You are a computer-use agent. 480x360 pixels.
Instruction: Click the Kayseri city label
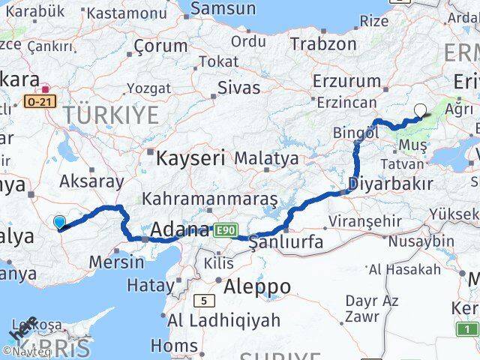[190, 158]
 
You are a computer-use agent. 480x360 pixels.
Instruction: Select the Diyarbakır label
[391, 184]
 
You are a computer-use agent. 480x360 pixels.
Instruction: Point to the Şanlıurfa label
[286, 241]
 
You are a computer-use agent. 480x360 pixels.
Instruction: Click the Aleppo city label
[256, 286]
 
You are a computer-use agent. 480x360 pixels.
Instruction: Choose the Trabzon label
[323, 43]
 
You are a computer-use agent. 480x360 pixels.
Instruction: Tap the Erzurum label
[346, 80]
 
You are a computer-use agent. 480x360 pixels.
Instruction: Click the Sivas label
[238, 87]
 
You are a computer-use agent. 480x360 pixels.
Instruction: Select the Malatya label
[266, 159]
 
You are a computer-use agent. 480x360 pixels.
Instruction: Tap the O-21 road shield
[38, 100]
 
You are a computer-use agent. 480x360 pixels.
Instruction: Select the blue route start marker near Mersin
[60, 221]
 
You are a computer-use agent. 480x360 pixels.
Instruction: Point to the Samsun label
[223, 9]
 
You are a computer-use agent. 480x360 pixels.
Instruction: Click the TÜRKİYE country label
[111, 115]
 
